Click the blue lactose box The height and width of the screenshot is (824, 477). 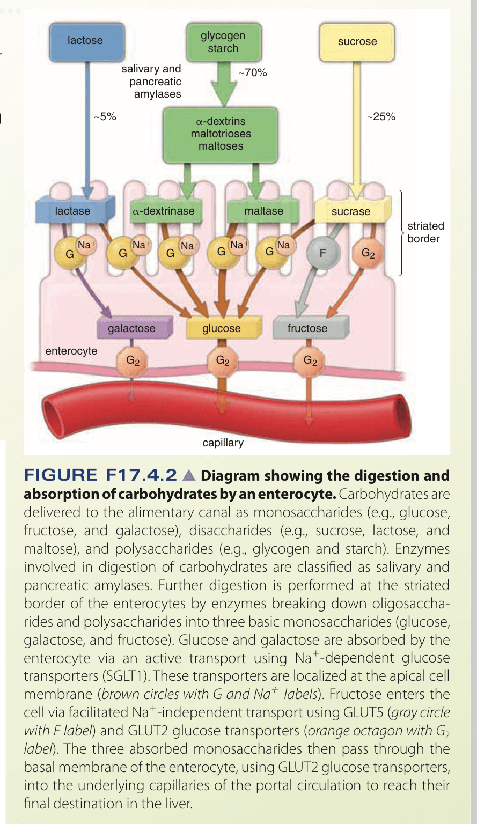[x=86, y=41]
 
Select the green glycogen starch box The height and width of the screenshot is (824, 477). [x=223, y=42]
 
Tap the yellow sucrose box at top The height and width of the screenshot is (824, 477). [x=357, y=42]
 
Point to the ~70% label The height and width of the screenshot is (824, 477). [x=252, y=72]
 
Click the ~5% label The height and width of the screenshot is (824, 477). [x=105, y=116]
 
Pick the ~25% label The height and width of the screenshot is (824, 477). [x=381, y=116]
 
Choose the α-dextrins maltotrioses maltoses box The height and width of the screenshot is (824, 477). [x=221, y=134]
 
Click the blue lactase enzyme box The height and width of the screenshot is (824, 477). [x=73, y=211]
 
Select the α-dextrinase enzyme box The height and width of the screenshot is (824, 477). [x=164, y=211]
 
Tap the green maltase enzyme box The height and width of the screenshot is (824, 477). [x=263, y=211]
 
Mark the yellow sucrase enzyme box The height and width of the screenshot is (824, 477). [x=351, y=211]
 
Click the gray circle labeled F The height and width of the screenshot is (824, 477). [x=322, y=253]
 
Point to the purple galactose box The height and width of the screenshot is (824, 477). [x=132, y=328]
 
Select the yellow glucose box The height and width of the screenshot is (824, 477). [x=222, y=328]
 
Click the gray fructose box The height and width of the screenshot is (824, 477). [x=307, y=328]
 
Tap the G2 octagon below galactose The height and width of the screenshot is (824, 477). [x=133, y=361]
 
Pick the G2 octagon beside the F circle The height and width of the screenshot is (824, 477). [x=368, y=253]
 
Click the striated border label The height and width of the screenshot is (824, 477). [x=425, y=232]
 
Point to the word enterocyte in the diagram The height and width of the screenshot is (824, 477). [x=71, y=351]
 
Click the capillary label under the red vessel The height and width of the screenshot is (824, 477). [x=223, y=443]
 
